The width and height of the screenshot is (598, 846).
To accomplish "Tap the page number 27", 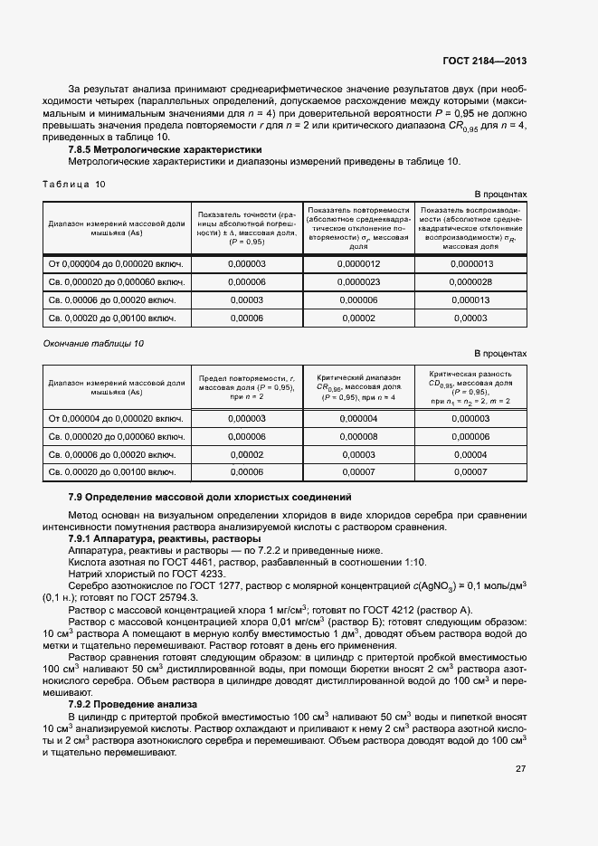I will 520,769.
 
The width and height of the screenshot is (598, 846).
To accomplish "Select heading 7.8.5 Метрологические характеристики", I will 166,149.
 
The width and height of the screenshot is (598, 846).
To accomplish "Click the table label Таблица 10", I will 74,184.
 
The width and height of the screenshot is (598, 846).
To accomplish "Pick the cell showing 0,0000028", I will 470,281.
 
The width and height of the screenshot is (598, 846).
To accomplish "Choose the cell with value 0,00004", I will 470,454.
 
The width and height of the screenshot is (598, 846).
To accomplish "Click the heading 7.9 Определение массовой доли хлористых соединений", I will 209,499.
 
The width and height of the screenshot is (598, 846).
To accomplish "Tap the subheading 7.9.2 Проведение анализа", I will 133,703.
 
